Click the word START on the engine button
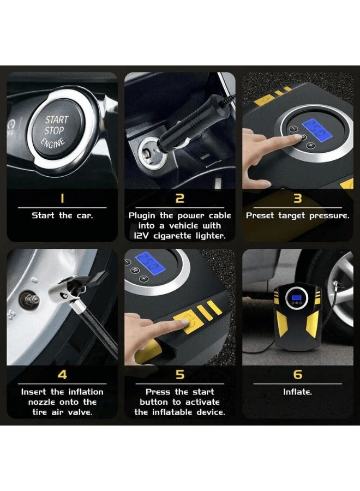point(57,119)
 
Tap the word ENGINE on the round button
point(53,143)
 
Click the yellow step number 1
point(62,199)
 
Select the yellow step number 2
point(179,199)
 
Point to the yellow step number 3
point(298,199)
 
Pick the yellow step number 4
point(62,375)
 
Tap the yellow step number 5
point(179,375)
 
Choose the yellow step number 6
point(298,375)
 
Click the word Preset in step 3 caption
point(260,215)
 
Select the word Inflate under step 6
point(297,392)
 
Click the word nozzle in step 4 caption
point(41,402)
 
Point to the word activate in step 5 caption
point(202,402)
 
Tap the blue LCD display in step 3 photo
point(316,129)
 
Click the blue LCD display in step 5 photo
point(149,264)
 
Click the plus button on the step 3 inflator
point(310,145)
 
